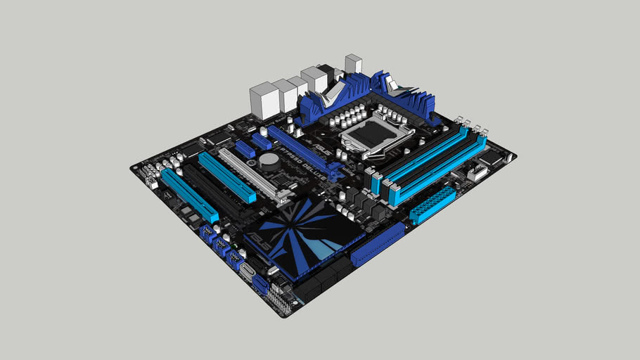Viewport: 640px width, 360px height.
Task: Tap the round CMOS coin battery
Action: tap(268, 160)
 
